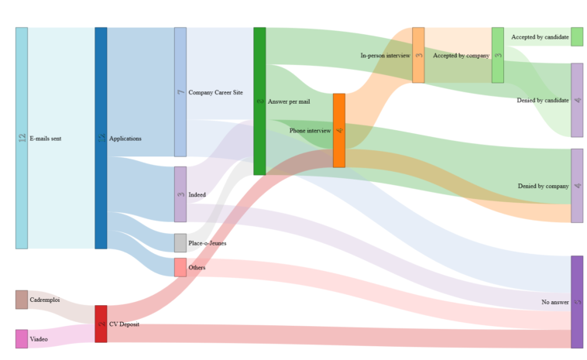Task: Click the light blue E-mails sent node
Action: (x=22, y=138)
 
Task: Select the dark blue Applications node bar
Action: (x=101, y=138)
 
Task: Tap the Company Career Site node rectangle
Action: (x=180, y=92)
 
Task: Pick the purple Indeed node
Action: (x=180, y=194)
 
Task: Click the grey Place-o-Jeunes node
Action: (x=180, y=243)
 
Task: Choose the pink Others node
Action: (x=180, y=267)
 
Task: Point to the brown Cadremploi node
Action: (x=22, y=300)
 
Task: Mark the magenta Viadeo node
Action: (x=22, y=339)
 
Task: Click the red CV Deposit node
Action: (x=101, y=324)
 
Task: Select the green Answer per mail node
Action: (x=259, y=101)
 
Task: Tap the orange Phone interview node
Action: (x=339, y=130)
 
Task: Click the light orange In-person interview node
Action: (x=418, y=55)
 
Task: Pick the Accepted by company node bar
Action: (x=498, y=55)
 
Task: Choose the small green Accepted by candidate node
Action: (x=577, y=36)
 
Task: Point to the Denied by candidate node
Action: (x=577, y=100)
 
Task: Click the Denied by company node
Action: (x=577, y=186)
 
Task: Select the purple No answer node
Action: (x=577, y=302)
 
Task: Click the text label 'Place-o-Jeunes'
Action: (x=208, y=243)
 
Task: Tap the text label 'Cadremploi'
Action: (x=45, y=300)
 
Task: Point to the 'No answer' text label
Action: (x=555, y=302)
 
